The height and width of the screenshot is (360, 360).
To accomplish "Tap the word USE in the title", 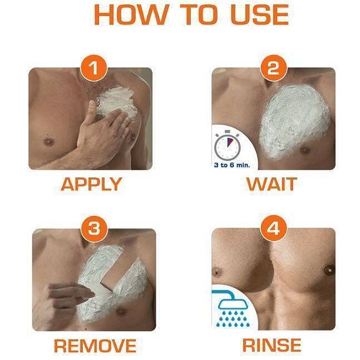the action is click(260, 14).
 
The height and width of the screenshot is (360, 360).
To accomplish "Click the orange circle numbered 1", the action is click(93, 68).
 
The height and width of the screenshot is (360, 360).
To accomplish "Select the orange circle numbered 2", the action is click(273, 68).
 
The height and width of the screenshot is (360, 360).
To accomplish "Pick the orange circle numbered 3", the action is click(95, 229).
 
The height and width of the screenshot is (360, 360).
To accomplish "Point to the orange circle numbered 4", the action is click(273, 228).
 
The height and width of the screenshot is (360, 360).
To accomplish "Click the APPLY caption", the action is click(91, 184).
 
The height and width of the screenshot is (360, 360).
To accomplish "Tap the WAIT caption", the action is click(272, 184).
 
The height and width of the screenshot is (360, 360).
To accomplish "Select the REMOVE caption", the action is click(95, 346).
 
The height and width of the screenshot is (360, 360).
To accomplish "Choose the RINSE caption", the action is click(272, 346).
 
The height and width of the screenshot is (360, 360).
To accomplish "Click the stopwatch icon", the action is click(228, 145).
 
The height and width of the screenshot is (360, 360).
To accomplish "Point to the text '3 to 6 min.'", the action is click(231, 165).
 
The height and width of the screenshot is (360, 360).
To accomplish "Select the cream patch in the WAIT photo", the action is click(294, 121).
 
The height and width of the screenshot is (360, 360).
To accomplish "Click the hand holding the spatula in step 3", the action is click(69, 296).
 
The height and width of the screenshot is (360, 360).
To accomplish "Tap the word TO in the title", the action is click(199, 14).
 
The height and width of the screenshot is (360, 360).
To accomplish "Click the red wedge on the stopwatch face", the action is click(230, 142).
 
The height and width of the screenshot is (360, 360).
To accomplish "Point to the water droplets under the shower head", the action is click(233, 319).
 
